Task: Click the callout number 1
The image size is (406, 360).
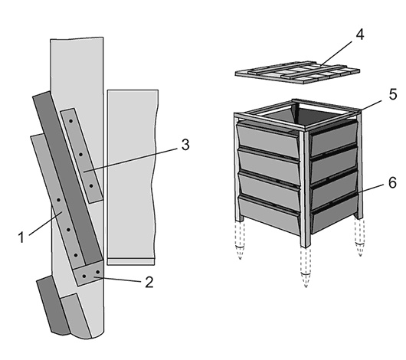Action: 21,237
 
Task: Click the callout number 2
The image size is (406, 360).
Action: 149,282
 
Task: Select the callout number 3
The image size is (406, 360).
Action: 185,145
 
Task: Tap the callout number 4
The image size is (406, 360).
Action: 359,34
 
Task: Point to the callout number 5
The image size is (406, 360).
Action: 393,94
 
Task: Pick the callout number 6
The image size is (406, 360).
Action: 392,182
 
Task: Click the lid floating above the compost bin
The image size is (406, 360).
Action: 297,72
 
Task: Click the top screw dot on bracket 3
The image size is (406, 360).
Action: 70,121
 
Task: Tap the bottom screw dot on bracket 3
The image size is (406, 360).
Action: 91,185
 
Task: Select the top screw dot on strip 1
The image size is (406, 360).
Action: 58,200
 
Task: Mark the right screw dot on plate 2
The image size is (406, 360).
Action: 98,272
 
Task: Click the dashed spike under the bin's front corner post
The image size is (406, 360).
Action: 306,267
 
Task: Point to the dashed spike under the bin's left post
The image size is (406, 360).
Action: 240,240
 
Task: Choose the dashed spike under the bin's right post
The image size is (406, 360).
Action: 360,237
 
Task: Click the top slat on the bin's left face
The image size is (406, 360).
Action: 269,140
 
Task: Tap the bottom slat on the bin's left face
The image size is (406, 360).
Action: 270,215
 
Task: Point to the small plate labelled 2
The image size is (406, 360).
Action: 89,273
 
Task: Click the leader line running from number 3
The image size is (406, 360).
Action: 131,160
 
